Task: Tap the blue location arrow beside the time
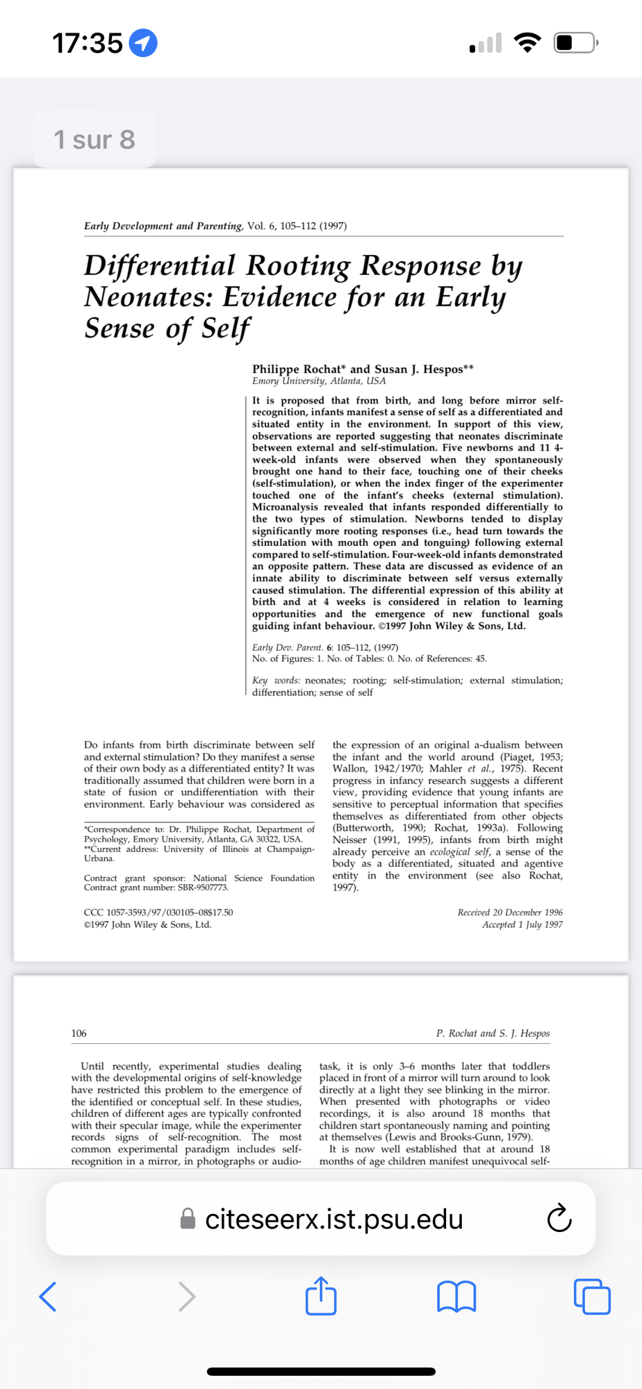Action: tap(144, 43)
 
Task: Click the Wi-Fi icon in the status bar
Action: tap(527, 43)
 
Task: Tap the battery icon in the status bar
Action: tap(575, 43)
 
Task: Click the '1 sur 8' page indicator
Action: tap(94, 140)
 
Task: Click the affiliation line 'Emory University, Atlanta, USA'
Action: tap(319, 381)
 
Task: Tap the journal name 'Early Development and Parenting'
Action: tap(163, 226)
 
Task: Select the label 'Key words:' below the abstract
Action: tap(276, 681)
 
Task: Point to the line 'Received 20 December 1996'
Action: tap(510, 912)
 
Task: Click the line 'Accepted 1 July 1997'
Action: tap(522, 924)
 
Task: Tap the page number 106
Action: tap(79, 1033)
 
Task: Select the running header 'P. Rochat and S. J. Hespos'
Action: tap(493, 1033)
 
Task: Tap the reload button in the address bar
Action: tap(559, 1219)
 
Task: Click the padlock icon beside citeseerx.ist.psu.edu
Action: tap(188, 1219)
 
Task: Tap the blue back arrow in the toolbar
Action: tap(48, 1296)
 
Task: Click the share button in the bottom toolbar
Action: tap(321, 1296)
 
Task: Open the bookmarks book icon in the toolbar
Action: tap(456, 1297)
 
